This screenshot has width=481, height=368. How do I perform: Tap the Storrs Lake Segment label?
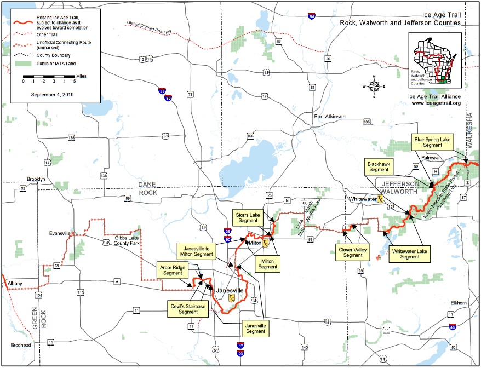(x=248, y=217)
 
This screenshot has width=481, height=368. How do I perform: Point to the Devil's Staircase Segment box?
(x=187, y=308)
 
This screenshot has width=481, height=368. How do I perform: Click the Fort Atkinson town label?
(x=329, y=117)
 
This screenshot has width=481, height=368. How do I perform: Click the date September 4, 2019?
(x=49, y=94)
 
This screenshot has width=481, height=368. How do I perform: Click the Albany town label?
(x=15, y=283)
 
